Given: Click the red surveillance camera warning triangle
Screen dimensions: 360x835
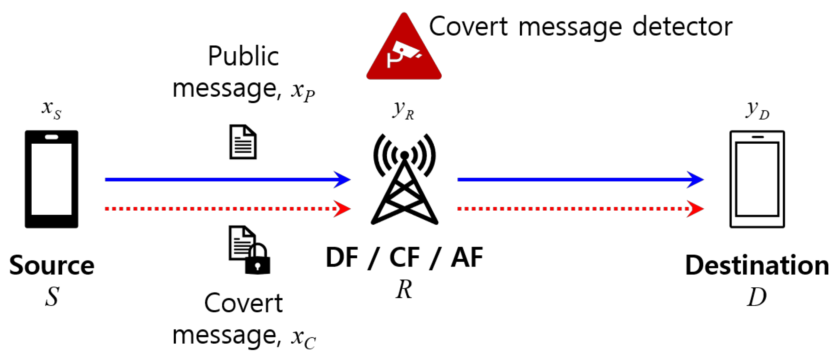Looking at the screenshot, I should [x=404, y=52].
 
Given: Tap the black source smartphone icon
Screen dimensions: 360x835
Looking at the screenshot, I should [x=51, y=179].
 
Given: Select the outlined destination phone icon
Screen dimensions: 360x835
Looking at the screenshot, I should [x=757, y=179].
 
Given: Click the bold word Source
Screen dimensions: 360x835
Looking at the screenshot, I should [x=52, y=265].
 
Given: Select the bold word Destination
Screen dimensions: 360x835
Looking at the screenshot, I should [x=757, y=265].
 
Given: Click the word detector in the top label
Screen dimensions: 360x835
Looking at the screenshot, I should [x=682, y=27].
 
